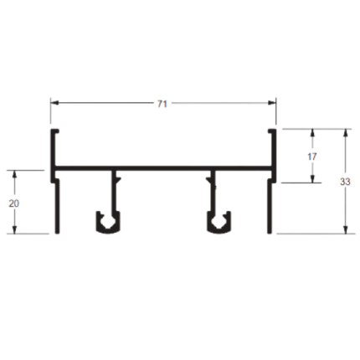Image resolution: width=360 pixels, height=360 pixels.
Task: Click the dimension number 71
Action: [x=162, y=104]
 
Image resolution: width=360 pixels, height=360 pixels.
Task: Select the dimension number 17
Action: [x=312, y=157]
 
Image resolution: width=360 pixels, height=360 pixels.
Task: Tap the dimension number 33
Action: [x=345, y=182]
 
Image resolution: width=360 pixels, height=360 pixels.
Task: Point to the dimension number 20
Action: [x=14, y=203]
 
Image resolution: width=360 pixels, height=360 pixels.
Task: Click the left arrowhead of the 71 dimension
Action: [x=54, y=103]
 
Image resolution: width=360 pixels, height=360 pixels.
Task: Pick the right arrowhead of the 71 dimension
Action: [x=272, y=103]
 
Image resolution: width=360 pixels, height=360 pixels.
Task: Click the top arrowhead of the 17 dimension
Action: [x=312, y=132]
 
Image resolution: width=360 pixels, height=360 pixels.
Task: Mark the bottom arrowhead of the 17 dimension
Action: [x=312, y=179]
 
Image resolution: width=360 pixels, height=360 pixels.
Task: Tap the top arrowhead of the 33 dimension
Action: [x=346, y=132]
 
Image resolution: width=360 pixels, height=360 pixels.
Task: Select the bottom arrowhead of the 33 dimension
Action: [x=346, y=229]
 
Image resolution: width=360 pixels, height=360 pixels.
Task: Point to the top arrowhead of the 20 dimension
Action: [x=15, y=174]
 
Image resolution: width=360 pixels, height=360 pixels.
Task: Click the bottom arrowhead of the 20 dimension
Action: [x=15, y=229]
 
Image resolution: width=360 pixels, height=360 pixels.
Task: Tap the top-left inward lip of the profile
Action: [x=55, y=131]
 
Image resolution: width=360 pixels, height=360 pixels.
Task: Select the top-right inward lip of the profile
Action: [x=271, y=131]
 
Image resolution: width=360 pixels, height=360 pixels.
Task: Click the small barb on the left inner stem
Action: [x=118, y=178]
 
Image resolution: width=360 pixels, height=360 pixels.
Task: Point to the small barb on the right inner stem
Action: [x=208, y=178]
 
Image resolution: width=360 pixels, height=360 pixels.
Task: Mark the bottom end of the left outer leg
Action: [x=57, y=233]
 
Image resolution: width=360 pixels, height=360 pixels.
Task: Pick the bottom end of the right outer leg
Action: [x=270, y=233]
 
